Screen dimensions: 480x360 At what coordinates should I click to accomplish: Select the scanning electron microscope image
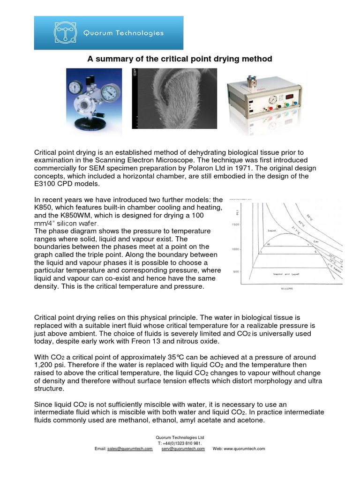tap(178, 98)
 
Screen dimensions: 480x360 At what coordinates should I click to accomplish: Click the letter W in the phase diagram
tap(269, 243)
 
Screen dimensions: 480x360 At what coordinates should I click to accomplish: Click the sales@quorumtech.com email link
tap(130, 449)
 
